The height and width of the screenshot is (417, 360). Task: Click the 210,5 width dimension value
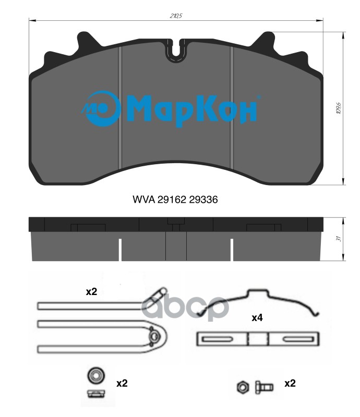pyautogui.click(x=176, y=16)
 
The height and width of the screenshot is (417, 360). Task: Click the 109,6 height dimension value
pyautogui.click(x=339, y=108)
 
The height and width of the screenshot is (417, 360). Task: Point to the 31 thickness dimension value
pyautogui.click(x=339, y=239)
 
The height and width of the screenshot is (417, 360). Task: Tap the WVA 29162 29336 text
pyautogui.click(x=175, y=200)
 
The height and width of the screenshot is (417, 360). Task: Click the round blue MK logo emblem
pyautogui.click(x=101, y=108)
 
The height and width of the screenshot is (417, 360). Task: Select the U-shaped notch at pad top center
pyautogui.click(x=176, y=51)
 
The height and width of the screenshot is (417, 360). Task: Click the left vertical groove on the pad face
pyautogui.click(x=120, y=107)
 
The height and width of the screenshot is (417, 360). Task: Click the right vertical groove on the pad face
pyautogui.click(x=232, y=107)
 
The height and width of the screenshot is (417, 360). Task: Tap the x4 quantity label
pyautogui.click(x=257, y=317)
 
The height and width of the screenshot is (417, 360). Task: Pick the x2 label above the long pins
pyautogui.click(x=91, y=292)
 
